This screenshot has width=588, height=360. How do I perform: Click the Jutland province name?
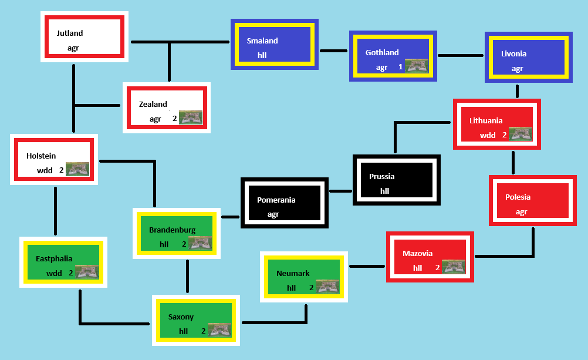click(x=70, y=33)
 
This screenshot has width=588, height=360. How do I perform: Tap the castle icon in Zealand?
click(x=191, y=117)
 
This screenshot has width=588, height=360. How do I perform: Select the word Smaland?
click(x=262, y=41)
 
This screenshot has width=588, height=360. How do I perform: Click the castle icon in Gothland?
click(x=417, y=66)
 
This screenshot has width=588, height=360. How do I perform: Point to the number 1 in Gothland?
click(x=401, y=67)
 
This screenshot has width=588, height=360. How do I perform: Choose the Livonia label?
click(x=513, y=54)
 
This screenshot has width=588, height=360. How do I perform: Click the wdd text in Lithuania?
click(x=488, y=135)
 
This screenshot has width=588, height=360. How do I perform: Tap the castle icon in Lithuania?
click(x=521, y=134)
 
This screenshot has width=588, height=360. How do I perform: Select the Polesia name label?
click(x=518, y=197)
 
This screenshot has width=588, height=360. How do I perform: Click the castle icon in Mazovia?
click(x=454, y=267)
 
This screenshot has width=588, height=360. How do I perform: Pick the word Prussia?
click(x=381, y=177)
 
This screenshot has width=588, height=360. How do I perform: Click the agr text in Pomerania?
click(x=273, y=214)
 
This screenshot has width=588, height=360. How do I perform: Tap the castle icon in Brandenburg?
click(x=200, y=243)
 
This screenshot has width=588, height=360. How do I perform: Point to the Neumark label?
click(x=293, y=274)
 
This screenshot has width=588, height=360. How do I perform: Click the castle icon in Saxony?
click(x=219, y=330)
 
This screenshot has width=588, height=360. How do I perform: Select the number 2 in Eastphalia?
click(x=71, y=273)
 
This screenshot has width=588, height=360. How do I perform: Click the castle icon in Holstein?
click(x=77, y=169)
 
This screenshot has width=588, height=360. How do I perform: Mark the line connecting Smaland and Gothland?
click(x=333, y=51)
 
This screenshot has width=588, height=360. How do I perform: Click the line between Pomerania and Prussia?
click(x=340, y=191)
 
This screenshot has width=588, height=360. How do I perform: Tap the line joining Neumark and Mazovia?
click(x=367, y=266)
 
